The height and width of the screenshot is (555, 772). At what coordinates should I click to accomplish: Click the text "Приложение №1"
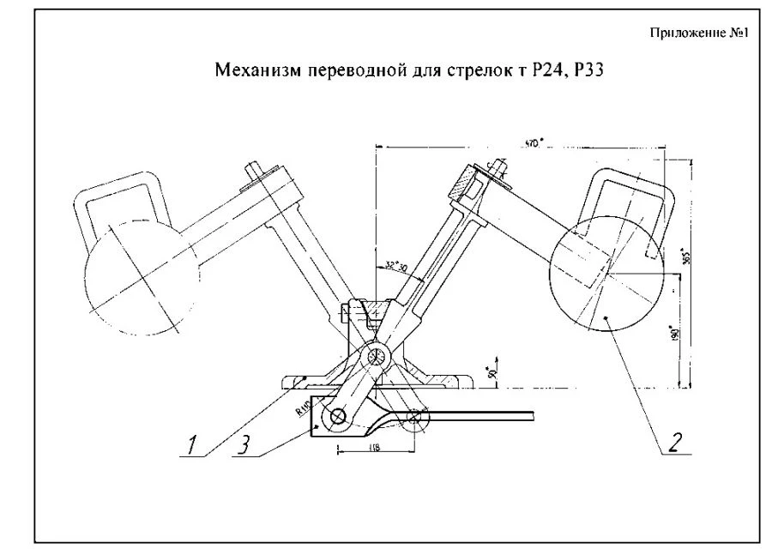(x=701, y=33)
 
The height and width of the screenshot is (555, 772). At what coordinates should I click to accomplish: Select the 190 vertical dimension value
(x=675, y=332)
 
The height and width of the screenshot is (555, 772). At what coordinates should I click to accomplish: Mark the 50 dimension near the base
(x=490, y=374)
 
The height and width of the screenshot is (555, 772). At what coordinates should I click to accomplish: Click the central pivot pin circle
(x=375, y=357)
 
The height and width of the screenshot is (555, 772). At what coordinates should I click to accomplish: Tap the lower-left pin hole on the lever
(x=336, y=418)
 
